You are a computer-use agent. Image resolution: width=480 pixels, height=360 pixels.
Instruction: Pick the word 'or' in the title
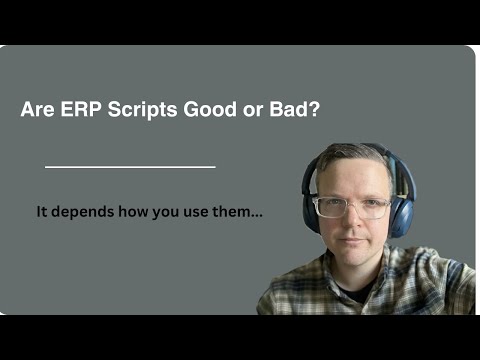tap(250, 110)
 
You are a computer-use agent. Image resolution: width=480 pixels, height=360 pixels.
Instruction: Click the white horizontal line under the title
tap(130, 166)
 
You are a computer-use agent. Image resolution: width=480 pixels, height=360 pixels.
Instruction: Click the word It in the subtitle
tap(41, 212)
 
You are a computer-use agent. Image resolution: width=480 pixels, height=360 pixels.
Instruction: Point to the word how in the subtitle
tap(133, 212)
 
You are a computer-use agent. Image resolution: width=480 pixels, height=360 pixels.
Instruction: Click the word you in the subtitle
tap(165, 212)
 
